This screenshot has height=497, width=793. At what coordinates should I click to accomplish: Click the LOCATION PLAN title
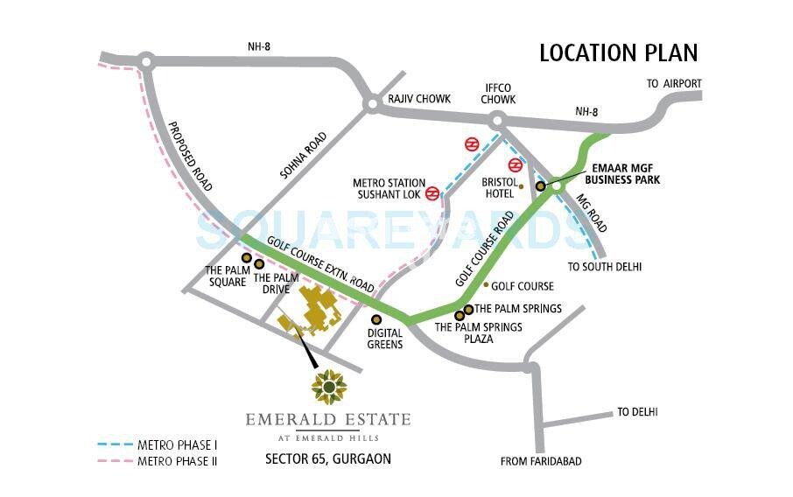click(x=618, y=52)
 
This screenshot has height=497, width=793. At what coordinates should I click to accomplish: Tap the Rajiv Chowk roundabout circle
click(x=372, y=103)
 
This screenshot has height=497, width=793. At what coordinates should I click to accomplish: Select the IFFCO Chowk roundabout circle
click(x=499, y=122)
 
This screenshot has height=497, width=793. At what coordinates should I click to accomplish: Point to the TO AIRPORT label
click(x=674, y=83)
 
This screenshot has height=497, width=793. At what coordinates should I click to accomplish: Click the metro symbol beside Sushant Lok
click(x=432, y=193)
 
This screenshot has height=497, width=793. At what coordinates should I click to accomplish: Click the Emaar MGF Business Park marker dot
click(x=541, y=185)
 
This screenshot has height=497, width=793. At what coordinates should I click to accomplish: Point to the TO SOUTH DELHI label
click(x=604, y=266)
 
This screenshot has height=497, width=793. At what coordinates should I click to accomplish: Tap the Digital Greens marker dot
click(x=377, y=319)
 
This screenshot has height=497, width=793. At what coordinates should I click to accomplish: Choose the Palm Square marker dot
click(x=247, y=258)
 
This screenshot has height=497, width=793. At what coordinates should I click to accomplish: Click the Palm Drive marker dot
click(x=259, y=264)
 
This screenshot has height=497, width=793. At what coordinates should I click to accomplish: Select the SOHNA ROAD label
click(x=303, y=156)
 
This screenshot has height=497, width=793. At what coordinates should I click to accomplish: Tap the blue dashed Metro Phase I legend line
click(x=116, y=444)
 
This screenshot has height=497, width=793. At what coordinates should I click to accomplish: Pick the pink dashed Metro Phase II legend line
click(x=116, y=460)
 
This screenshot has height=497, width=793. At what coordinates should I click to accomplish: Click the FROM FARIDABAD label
click(x=540, y=461)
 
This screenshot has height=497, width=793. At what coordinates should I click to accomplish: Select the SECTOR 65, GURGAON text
click(x=328, y=458)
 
